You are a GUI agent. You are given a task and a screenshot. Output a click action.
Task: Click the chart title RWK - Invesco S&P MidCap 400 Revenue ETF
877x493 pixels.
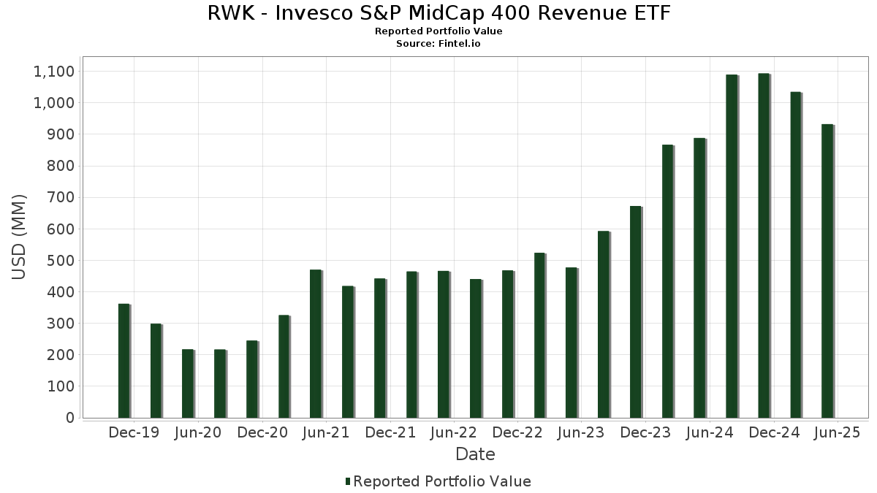click(438, 13)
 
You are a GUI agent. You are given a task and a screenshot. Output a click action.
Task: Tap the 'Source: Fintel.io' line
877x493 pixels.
click(438, 44)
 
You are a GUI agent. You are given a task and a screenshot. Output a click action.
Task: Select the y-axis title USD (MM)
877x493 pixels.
click(19, 237)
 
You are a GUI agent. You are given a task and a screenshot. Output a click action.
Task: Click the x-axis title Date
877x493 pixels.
click(475, 454)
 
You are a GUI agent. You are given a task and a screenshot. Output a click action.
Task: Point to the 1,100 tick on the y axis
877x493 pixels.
click(54, 72)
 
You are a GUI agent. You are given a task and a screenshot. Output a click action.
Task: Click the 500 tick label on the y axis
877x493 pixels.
click(60, 261)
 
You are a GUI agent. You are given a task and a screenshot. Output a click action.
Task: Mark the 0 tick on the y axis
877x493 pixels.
click(70, 418)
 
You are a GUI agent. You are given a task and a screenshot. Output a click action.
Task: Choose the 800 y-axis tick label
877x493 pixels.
click(60, 166)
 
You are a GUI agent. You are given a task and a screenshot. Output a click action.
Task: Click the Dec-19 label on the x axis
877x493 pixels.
click(133, 433)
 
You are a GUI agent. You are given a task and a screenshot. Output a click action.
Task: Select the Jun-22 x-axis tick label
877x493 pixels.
click(453, 433)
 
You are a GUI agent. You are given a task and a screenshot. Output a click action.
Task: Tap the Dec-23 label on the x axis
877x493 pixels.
click(645, 433)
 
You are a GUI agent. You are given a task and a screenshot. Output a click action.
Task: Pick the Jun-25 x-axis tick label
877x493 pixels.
click(837, 433)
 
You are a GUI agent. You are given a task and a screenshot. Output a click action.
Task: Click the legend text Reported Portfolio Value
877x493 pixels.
click(442, 481)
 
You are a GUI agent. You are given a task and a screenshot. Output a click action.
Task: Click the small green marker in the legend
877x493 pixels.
click(348, 481)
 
